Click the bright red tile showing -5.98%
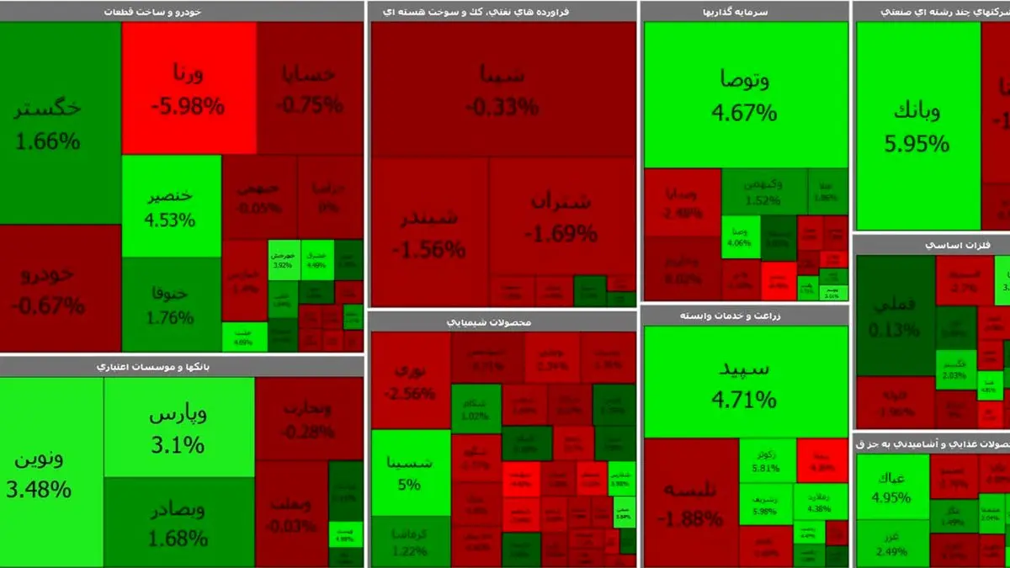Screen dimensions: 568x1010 pyautogui.click(x=189, y=88)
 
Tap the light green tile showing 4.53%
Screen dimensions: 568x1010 pyautogui.click(x=171, y=206)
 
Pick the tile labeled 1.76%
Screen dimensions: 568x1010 pyautogui.click(x=171, y=305)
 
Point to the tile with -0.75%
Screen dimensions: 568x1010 pyautogui.click(x=310, y=88)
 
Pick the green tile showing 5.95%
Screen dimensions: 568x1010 pyautogui.click(x=917, y=126)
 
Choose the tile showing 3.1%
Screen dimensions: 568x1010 pyautogui.click(x=178, y=427)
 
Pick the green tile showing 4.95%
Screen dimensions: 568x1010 pyautogui.click(x=892, y=486)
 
